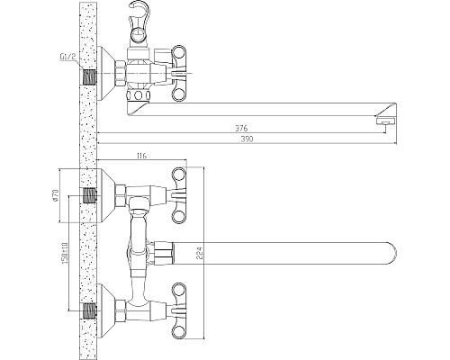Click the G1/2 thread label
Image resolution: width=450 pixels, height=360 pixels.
click(x=64, y=61)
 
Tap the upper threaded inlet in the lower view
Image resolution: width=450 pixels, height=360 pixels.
click(x=89, y=193)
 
